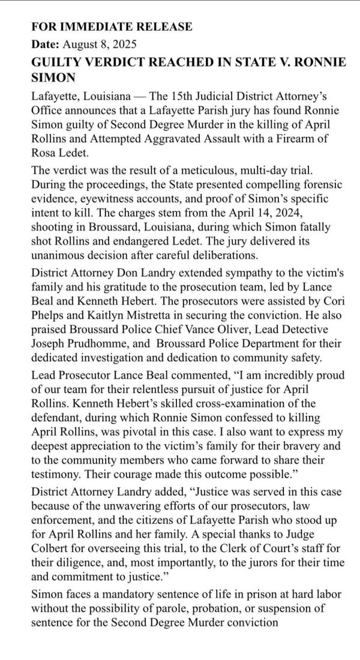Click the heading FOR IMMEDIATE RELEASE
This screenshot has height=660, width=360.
point(112,27)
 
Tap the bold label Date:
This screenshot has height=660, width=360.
point(43,44)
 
